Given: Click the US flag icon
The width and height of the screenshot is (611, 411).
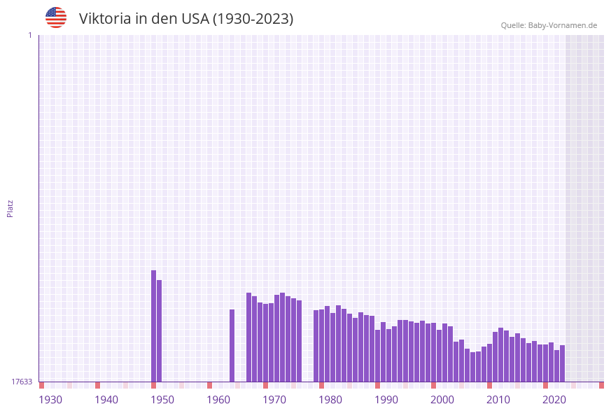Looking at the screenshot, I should (x=56, y=18).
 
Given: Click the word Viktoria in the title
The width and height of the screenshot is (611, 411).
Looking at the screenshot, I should (x=104, y=19).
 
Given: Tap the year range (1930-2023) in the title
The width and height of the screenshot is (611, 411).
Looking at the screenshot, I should (x=253, y=19).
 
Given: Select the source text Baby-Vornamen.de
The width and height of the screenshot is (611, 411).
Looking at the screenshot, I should (x=562, y=25).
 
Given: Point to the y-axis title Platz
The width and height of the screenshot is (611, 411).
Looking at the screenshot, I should (x=10, y=208).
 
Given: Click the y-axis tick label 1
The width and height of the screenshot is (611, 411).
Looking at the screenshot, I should (x=30, y=35).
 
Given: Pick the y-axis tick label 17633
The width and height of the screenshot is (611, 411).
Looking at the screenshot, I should (x=22, y=382).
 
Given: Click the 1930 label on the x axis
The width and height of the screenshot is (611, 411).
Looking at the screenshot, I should (x=50, y=400).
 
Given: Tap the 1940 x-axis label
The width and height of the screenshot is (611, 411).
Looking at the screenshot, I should (x=106, y=400).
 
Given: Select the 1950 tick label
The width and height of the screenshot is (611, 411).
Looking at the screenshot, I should (x=162, y=400).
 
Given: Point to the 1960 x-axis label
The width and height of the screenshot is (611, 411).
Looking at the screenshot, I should (x=218, y=400).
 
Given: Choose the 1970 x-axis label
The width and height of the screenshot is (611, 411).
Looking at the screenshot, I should (x=274, y=400).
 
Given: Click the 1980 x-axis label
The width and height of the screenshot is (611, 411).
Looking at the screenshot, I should (x=330, y=400).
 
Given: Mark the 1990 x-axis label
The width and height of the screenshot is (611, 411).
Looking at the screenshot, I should (x=386, y=400).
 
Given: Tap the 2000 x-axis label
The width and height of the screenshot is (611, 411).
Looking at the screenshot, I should (x=442, y=400).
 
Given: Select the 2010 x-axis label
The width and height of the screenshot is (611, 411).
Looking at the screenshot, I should (x=498, y=400).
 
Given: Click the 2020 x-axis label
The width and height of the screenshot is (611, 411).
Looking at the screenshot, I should (x=554, y=400).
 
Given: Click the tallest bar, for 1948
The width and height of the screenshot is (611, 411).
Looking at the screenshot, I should (x=154, y=326).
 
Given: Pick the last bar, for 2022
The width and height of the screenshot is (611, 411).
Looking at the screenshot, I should (x=562, y=363).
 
